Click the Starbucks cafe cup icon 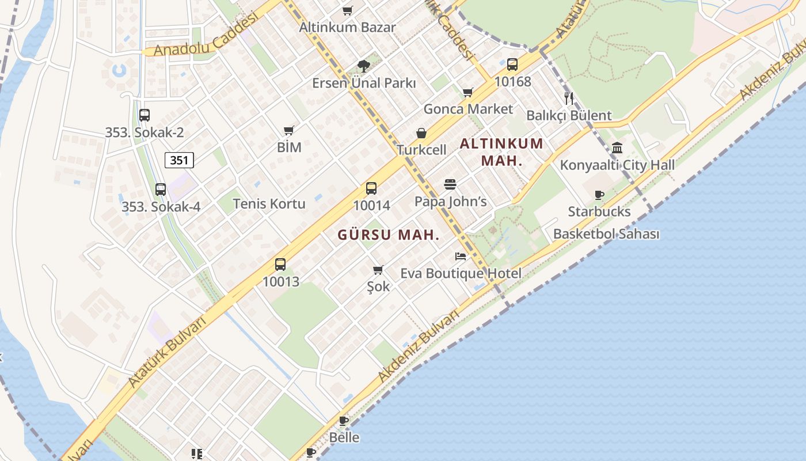pyautogui.click(x=599, y=195)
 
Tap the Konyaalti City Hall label pyautogui.click(x=617, y=165)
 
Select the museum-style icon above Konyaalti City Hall pyautogui.click(x=617, y=148)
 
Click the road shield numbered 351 pyautogui.click(x=179, y=160)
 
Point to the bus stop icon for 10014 pyautogui.click(x=371, y=188)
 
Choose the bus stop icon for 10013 pyautogui.click(x=280, y=264)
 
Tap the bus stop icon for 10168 pyautogui.click(x=512, y=65)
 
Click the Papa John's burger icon pyautogui.click(x=450, y=184)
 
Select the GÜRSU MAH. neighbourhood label pyautogui.click(x=389, y=235)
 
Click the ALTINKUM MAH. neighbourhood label pyautogui.click(x=501, y=152)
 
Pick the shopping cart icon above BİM pyautogui.click(x=289, y=131)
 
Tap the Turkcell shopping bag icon pyautogui.click(x=421, y=133)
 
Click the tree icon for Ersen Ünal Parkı pyautogui.click(x=363, y=66)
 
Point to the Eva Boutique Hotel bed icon pyautogui.click(x=461, y=256)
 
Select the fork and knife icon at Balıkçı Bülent pyautogui.click(x=569, y=98)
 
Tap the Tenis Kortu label pyautogui.click(x=269, y=203)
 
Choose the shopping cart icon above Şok pyautogui.click(x=378, y=270)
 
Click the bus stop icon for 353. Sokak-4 pyautogui.click(x=161, y=189)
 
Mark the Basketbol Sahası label pyautogui.click(x=606, y=234)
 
